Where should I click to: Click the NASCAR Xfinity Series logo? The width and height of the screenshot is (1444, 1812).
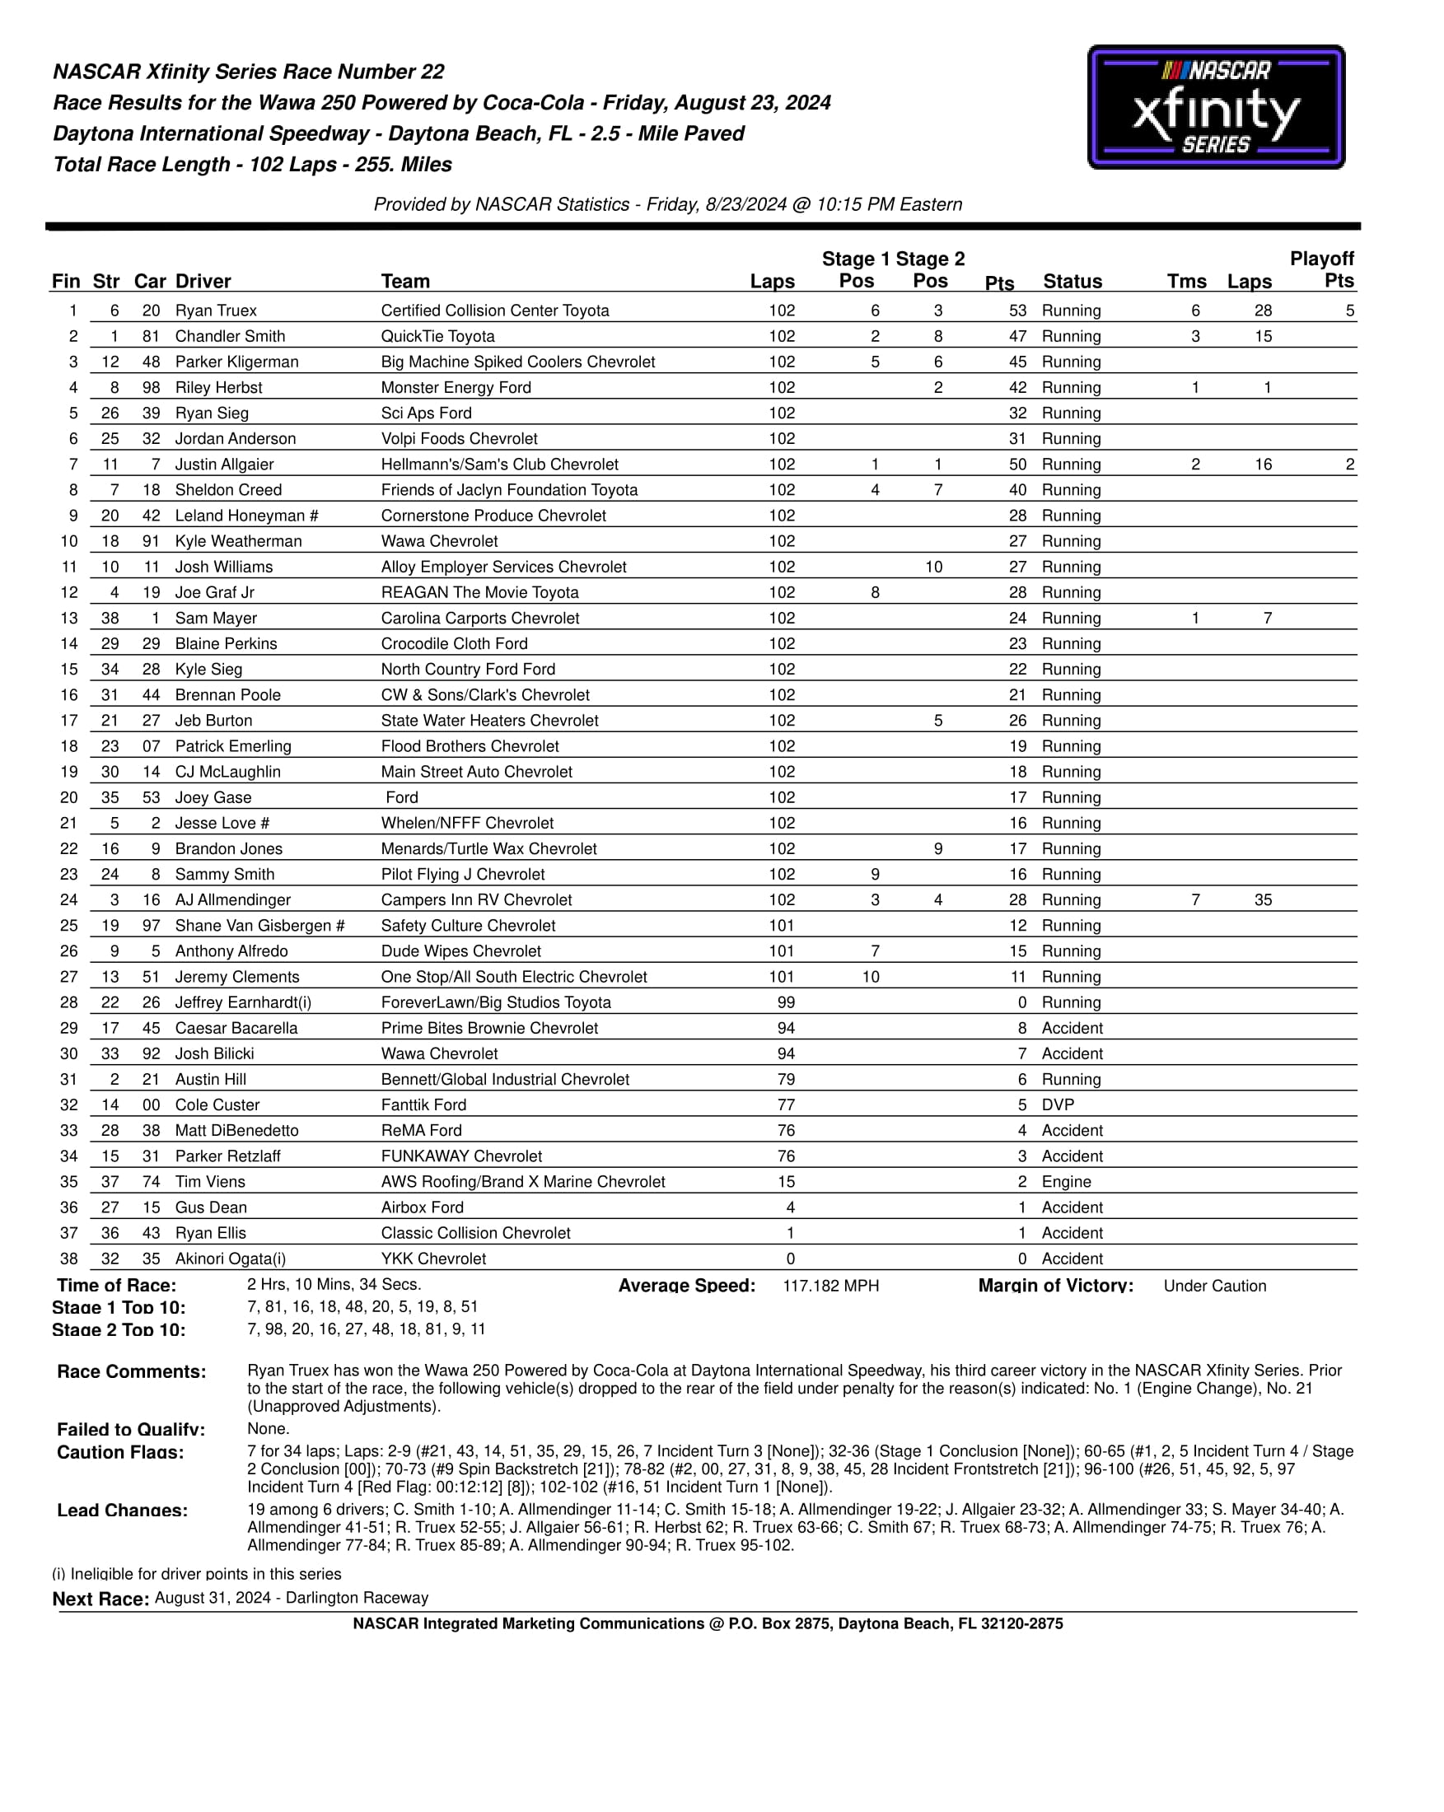[x=1215, y=108]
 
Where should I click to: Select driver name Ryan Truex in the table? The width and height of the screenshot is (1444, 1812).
[x=216, y=311]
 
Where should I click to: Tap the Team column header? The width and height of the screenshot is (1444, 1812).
[x=405, y=282]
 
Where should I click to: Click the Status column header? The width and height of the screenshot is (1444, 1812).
[x=1072, y=282]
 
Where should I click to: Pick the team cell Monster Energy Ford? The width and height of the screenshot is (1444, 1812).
[x=456, y=387]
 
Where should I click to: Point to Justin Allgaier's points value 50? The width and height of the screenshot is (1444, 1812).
[x=1017, y=465]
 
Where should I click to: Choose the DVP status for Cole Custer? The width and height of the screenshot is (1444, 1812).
[x=1058, y=1105]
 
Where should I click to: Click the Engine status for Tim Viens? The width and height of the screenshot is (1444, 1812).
[x=1066, y=1182]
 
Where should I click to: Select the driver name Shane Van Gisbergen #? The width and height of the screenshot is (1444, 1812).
[x=259, y=925]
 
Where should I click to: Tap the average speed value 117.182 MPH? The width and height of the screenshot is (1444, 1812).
[x=830, y=1286]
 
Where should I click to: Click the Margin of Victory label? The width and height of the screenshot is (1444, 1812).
[x=1055, y=1286]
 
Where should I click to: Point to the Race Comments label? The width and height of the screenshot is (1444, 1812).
[x=131, y=1371]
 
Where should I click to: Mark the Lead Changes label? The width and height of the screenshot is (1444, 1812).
[x=123, y=1511]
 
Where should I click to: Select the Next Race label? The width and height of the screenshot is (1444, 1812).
[x=100, y=1599]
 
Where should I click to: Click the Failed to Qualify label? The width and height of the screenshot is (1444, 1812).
[x=131, y=1430]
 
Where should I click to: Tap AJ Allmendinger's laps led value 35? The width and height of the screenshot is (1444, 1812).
[x=1263, y=900]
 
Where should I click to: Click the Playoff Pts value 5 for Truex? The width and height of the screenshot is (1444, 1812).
[x=1349, y=311]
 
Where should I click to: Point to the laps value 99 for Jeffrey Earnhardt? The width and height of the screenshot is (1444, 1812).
[x=786, y=1002]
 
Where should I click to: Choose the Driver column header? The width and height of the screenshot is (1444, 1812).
[x=203, y=282]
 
